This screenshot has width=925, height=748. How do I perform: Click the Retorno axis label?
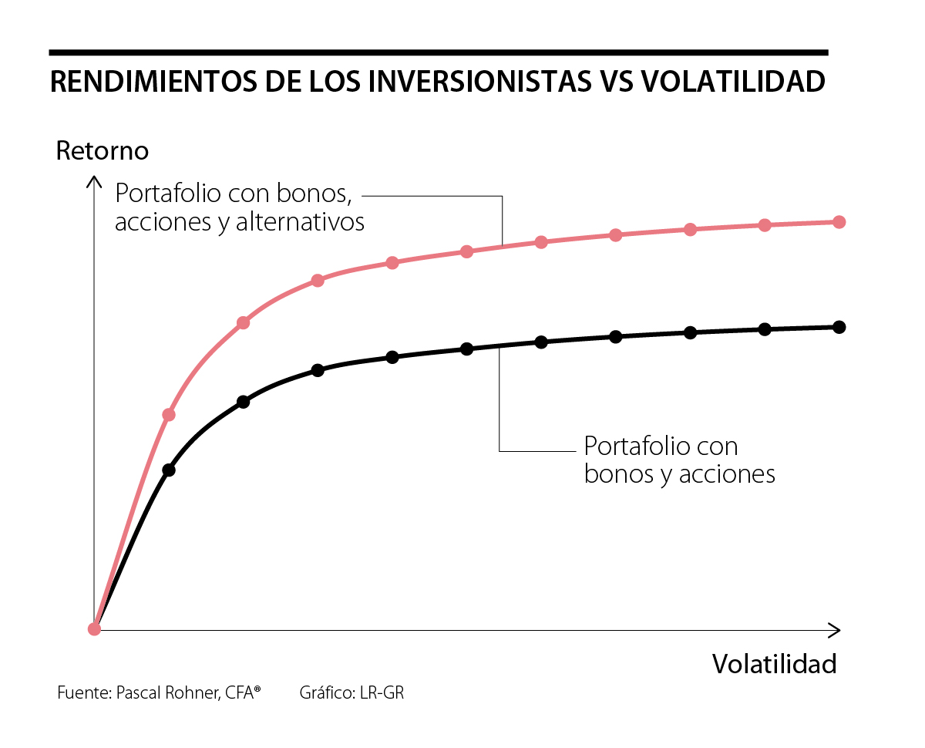point(103,150)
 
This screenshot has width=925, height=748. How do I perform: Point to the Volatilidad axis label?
point(774,664)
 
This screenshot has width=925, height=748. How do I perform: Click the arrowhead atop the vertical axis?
point(94,182)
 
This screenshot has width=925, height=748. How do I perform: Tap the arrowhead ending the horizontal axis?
point(835,630)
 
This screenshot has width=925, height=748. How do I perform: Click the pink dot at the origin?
point(95,628)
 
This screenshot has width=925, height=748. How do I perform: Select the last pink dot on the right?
point(839,222)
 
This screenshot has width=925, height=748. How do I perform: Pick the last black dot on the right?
point(839,327)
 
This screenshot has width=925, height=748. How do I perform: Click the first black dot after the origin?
point(169,470)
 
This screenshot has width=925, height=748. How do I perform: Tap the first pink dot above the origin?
point(169,415)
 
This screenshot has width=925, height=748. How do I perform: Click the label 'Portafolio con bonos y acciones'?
point(679,460)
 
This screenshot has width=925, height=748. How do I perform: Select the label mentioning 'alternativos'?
point(239,208)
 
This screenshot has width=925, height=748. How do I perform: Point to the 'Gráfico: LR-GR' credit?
point(351,692)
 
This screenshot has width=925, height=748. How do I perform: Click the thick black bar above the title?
point(438,52)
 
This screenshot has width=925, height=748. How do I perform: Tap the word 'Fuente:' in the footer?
point(84,692)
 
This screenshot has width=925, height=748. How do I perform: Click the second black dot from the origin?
point(244,402)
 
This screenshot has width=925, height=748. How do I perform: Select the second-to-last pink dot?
point(765,225)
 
